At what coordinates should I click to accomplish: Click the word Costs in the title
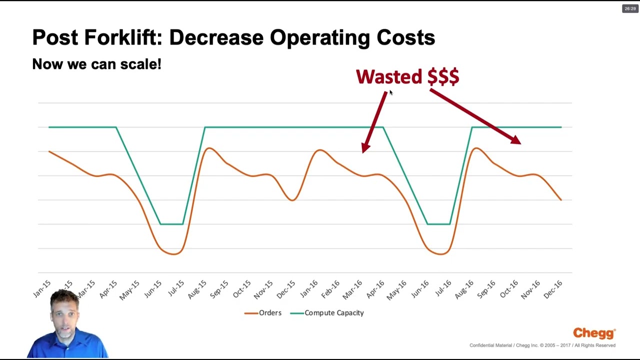point(405,37)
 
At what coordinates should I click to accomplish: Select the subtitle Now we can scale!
point(96,64)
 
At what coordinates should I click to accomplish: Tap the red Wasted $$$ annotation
point(407,76)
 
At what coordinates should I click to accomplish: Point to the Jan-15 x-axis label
point(42,289)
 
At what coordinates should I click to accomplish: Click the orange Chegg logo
point(594,333)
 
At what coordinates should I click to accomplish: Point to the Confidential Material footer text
point(542,345)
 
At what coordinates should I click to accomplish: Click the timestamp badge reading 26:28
point(629,8)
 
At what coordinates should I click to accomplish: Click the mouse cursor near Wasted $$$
point(390,92)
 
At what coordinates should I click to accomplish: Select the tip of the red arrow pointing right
point(520,143)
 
